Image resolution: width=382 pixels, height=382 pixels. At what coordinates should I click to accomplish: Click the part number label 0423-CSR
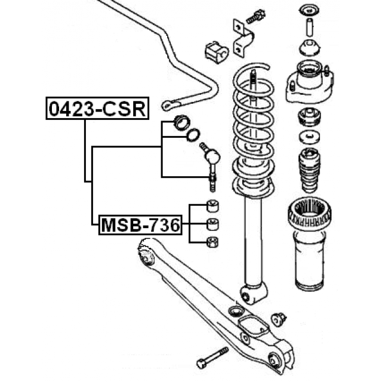point(96,109)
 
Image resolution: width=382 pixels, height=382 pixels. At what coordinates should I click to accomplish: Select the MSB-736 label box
point(140,225)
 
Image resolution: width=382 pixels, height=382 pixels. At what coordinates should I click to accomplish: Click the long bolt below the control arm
point(211,356)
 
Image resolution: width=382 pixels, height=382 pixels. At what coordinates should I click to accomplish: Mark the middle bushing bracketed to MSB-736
point(211,224)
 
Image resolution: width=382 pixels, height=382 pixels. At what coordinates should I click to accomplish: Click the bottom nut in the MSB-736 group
point(211,242)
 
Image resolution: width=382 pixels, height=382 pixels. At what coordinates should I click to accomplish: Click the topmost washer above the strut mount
point(309,10)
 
